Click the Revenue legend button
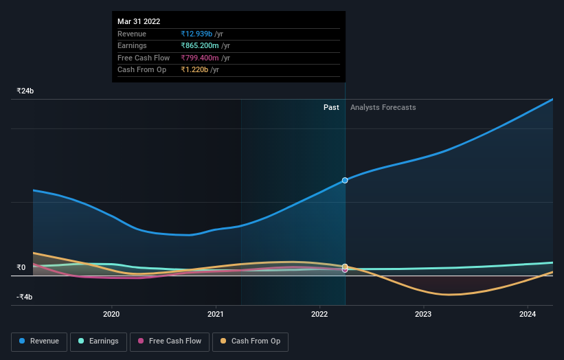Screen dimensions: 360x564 pyautogui.click(x=39, y=341)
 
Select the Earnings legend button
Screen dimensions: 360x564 pyautogui.click(x=98, y=341)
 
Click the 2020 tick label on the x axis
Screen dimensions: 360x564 pyautogui.click(x=111, y=315)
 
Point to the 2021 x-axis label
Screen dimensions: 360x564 pyautogui.click(x=216, y=315)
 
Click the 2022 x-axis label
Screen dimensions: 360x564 pyautogui.click(x=319, y=315)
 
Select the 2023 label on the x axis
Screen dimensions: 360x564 pyautogui.click(x=423, y=315)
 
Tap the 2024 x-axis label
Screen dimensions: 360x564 pyautogui.click(x=528, y=315)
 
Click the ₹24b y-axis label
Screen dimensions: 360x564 pyautogui.click(x=25, y=91)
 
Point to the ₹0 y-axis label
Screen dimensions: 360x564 pyautogui.click(x=21, y=267)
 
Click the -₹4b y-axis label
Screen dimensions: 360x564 pyautogui.click(x=25, y=297)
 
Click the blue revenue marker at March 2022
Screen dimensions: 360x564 pyautogui.click(x=345, y=180)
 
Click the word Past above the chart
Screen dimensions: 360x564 pyautogui.click(x=331, y=107)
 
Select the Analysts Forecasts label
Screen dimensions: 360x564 pyautogui.click(x=383, y=107)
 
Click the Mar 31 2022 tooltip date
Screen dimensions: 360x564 pyautogui.click(x=139, y=21)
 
